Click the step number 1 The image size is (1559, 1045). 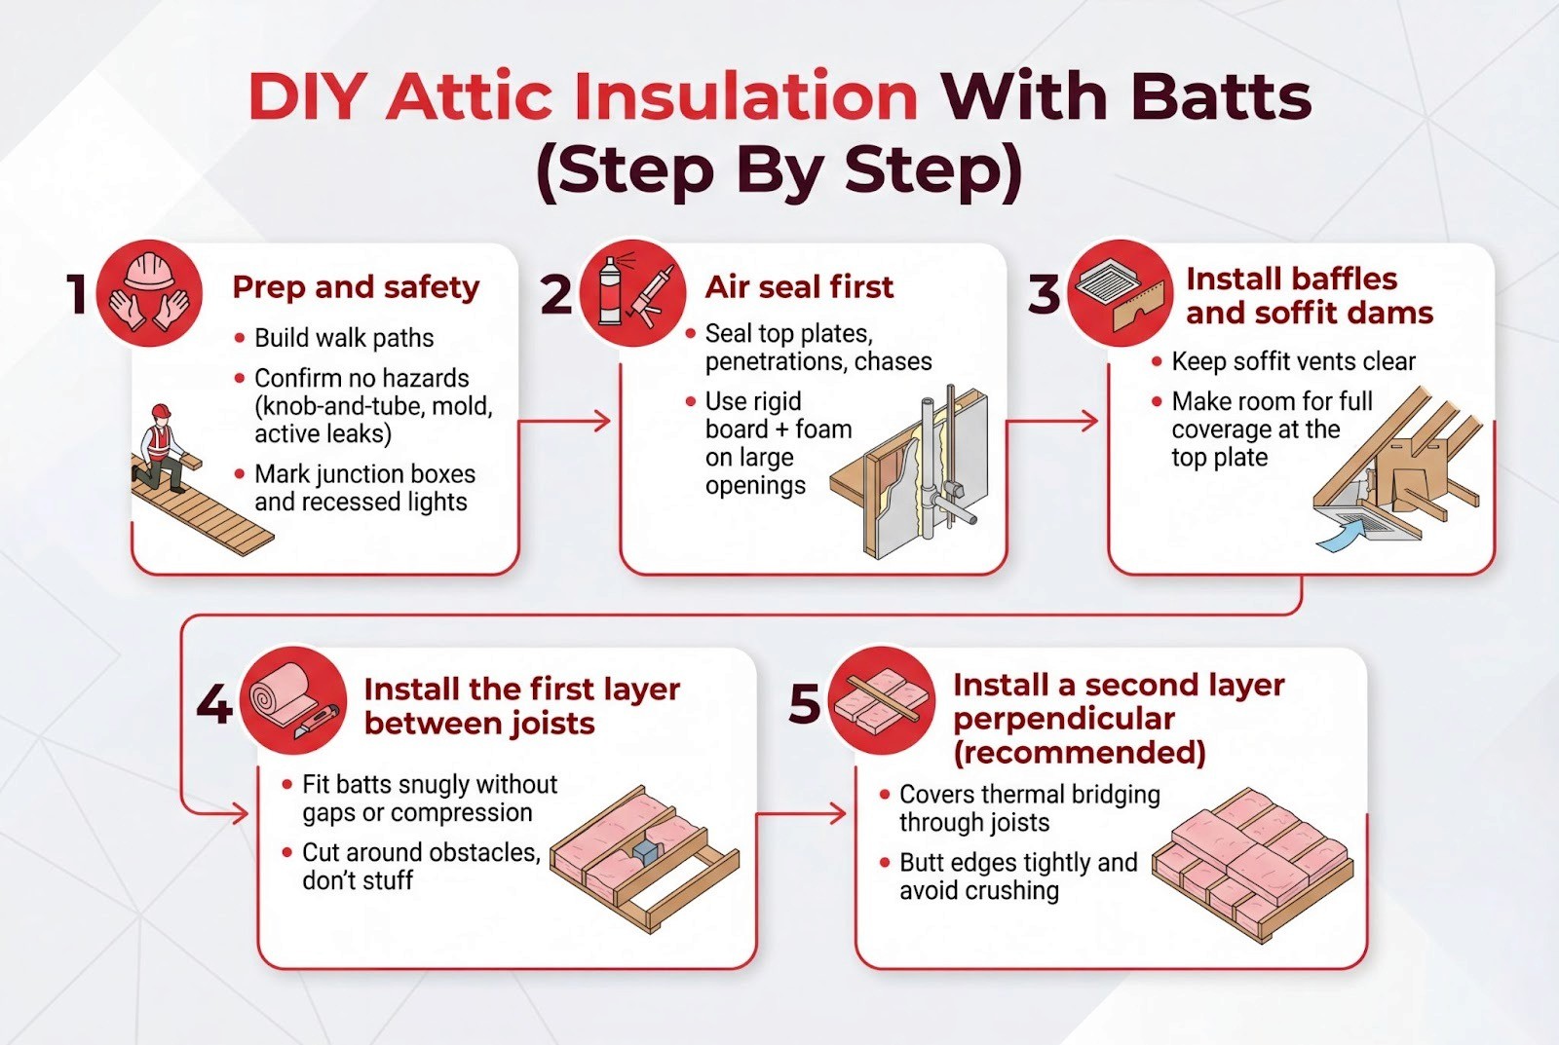point(77,293)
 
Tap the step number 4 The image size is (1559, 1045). point(214,703)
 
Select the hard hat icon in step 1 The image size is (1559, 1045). point(148,271)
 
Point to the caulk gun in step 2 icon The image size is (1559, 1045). point(653,297)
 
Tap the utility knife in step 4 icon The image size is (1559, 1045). point(317,722)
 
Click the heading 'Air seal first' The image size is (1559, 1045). point(799,286)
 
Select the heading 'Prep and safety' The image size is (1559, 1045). point(356,287)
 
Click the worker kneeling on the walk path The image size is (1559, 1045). point(160,449)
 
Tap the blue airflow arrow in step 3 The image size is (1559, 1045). point(1337,538)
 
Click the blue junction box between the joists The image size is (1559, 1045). point(647,850)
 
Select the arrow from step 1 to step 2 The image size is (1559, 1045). point(564,421)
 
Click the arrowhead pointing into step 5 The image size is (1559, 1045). point(837,812)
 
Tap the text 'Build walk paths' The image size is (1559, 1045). point(344,338)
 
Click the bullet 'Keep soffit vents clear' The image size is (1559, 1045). point(1293,361)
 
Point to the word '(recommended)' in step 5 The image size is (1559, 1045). point(1080,753)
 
